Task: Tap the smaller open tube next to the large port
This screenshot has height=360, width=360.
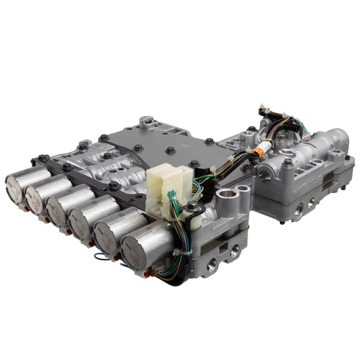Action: (243, 190)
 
